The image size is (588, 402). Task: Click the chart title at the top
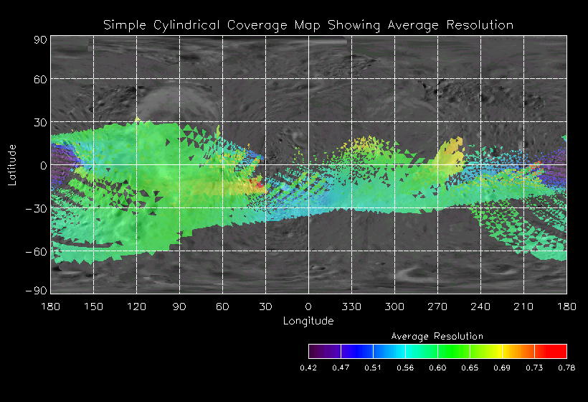pos(308,25)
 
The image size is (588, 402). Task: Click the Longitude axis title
pos(308,321)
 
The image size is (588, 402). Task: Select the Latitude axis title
pos(12,165)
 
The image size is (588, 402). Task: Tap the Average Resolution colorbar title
pos(437,336)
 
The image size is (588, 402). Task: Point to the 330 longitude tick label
pos(351,307)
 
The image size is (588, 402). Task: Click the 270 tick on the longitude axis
pos(437,307)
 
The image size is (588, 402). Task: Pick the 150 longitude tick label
pos(93,307)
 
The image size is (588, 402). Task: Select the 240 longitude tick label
pos(480,307)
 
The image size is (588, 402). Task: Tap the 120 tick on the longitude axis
pos(136,307)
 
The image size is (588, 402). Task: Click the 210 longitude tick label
pos(523,307)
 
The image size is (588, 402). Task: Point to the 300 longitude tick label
pos(394,307)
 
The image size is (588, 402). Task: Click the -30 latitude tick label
pos(37,209)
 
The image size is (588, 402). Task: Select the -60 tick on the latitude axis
pos(37,252)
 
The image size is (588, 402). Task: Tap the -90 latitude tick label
pos(37,290)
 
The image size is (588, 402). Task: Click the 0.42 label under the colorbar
pos(308,368)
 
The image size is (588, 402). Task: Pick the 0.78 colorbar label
pos(566,368)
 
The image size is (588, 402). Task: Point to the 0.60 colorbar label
pos(437,368)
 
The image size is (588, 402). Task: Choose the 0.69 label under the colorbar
pos(502,368)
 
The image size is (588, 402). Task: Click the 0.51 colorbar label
pos(373,368)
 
